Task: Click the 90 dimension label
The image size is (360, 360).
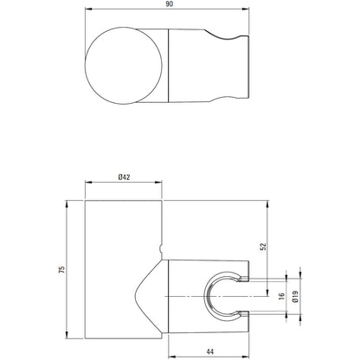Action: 170,5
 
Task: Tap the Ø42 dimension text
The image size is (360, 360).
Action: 124,177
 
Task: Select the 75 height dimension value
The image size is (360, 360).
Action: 62,270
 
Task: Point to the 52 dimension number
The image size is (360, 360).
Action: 263,247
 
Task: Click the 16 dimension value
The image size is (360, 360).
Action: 282,296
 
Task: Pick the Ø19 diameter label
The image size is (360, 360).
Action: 295,296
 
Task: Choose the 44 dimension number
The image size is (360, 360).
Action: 210,351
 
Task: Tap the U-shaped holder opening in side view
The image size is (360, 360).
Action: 205,296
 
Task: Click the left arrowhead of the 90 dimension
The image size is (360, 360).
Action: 88,10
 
